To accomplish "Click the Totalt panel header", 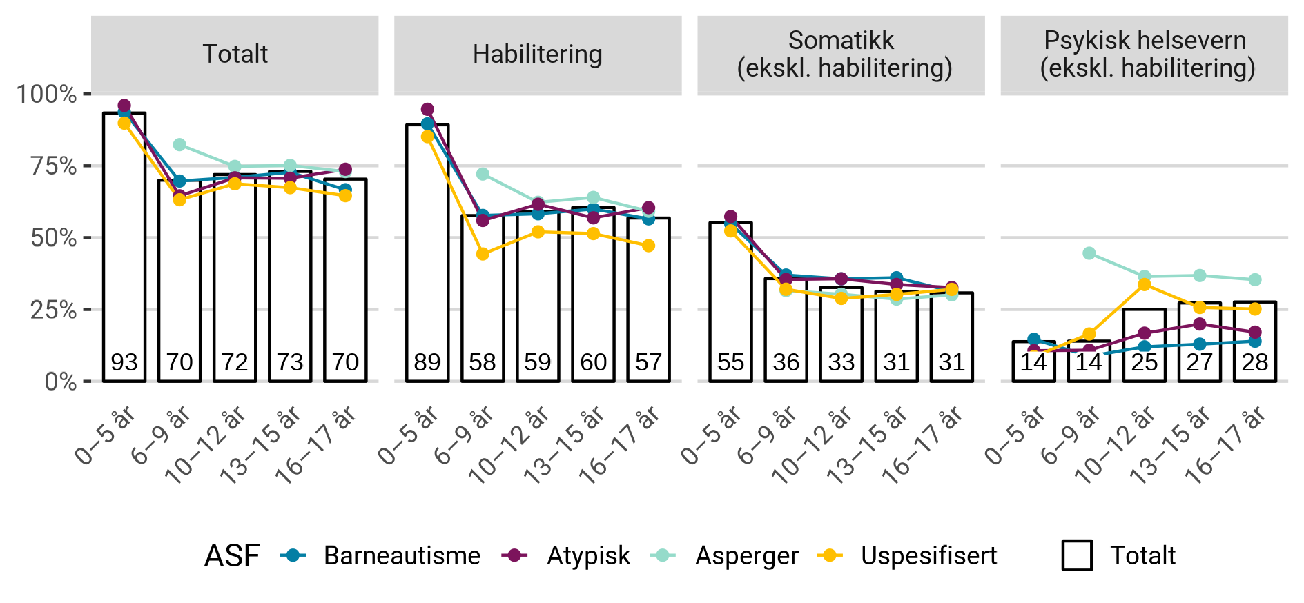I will point(235,54).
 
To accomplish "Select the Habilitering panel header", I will point(537,54).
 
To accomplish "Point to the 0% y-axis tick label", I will point(61,382).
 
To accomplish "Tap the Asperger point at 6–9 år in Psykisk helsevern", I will point(1089,253).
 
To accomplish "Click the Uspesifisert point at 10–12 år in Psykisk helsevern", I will point(1145,284).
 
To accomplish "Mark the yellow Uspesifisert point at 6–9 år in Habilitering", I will point(483,254).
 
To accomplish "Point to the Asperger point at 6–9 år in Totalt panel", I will point(179,145).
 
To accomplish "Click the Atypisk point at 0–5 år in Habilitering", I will point(427,110).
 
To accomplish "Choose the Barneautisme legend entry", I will point(402,555).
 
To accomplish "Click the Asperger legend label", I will point(747,555).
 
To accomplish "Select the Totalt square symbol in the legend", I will point(1077,555).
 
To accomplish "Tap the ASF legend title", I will point(232,555).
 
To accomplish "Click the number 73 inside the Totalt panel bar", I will point(290,362).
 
